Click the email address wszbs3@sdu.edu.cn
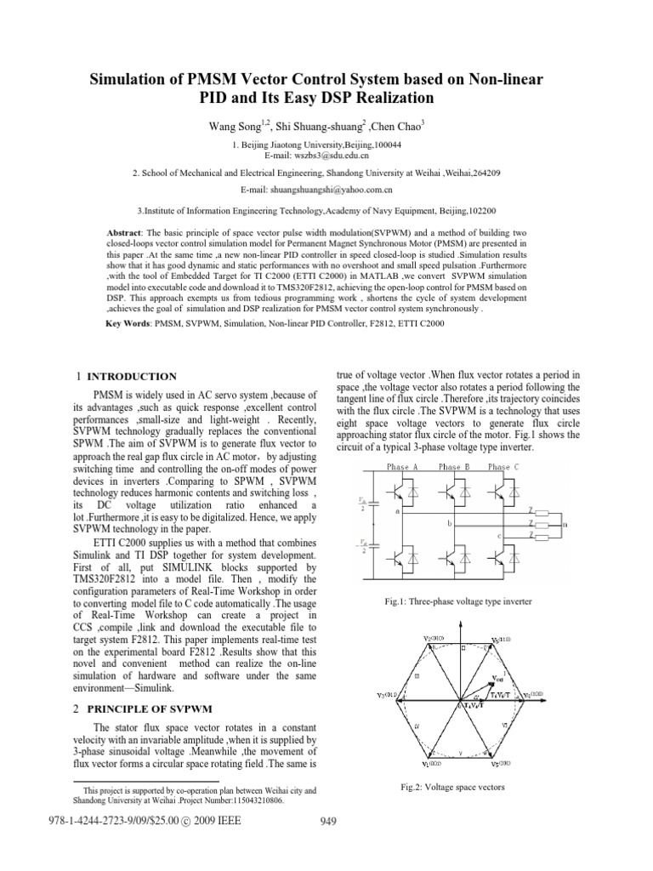click(328, 157)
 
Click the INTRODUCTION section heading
click(133, 376)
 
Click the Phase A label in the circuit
click(402, 467)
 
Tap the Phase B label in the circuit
click(454, 467)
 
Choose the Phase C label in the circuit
click(505, 467)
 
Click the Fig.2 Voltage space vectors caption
click(452, 787)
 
